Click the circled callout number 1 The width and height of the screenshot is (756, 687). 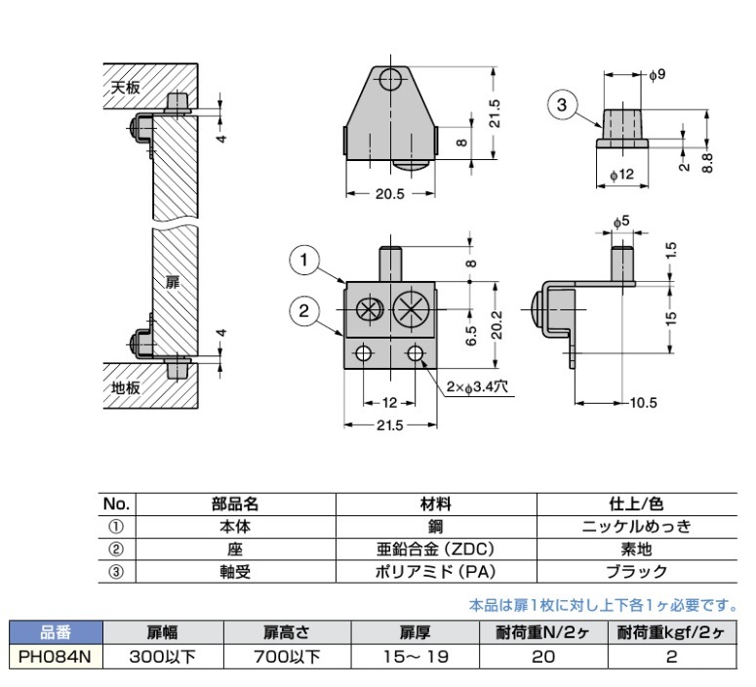click(x=305, y=260)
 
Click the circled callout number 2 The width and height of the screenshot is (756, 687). click(x=305, y=311)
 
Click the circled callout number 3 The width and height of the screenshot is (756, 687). click(x=560, y=103)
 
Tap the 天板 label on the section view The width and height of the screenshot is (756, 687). click(x=125, y=87)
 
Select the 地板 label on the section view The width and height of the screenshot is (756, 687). click(x=125, y=386)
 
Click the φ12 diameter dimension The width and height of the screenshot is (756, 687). click(x=621, y=174)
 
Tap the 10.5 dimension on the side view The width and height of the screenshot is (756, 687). click(x=642, y=403)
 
